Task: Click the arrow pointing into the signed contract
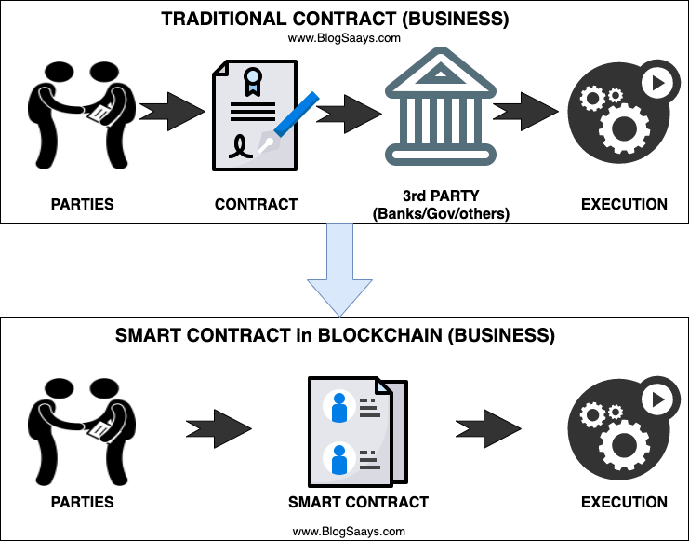173,112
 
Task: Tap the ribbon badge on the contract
252,80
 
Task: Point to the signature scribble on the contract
241,147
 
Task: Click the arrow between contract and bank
351,114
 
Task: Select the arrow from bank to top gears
526,112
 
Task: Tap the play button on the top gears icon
657,83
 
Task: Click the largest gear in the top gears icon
624,128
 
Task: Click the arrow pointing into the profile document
220,429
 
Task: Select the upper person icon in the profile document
338,407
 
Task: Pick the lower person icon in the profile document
338,459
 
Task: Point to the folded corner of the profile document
383,385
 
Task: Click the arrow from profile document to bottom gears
489,429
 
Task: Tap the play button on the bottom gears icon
657,399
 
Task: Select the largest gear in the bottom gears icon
624,444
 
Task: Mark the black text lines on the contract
252,111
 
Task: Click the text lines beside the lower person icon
368,459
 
